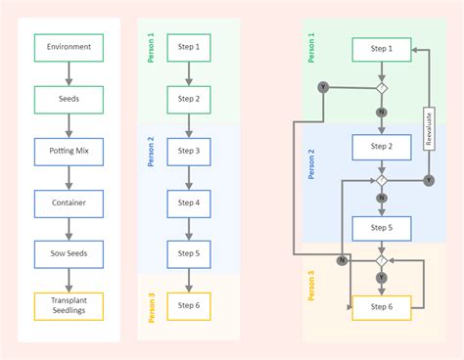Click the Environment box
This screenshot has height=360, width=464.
click(x=69, y=46)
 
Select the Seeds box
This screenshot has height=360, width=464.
click(x=69, y=99)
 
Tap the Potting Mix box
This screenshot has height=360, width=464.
click(x=69, y=151)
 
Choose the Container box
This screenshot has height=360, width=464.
click(x=69, y=202)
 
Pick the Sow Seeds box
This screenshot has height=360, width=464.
click(x=69, y=253)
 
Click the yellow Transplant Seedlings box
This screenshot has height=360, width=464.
click(x=69, y=305)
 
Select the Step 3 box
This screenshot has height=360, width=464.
click(x=190, y=151)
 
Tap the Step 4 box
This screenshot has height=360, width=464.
click(x=190, y=202)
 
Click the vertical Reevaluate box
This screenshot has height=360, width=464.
click(x=429, y=127)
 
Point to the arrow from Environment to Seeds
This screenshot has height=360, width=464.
click(x=69, y=72)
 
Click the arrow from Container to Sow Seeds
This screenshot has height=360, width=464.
click(x=69, y=228)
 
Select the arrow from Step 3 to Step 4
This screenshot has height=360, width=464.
click(x=190, y=177)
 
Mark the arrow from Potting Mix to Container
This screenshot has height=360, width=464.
click(x=69, y=177)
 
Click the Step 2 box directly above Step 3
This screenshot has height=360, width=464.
click(x=190, y=99)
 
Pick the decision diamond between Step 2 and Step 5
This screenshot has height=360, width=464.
click(x=382, y=181)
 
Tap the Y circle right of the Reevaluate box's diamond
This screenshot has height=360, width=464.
click(x=429, y=181)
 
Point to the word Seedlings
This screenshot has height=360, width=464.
click(x=69, y=311)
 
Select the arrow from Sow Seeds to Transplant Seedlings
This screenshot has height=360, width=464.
click(x=69, y=280)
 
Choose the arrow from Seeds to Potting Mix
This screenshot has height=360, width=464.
click(x=69, y=125)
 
